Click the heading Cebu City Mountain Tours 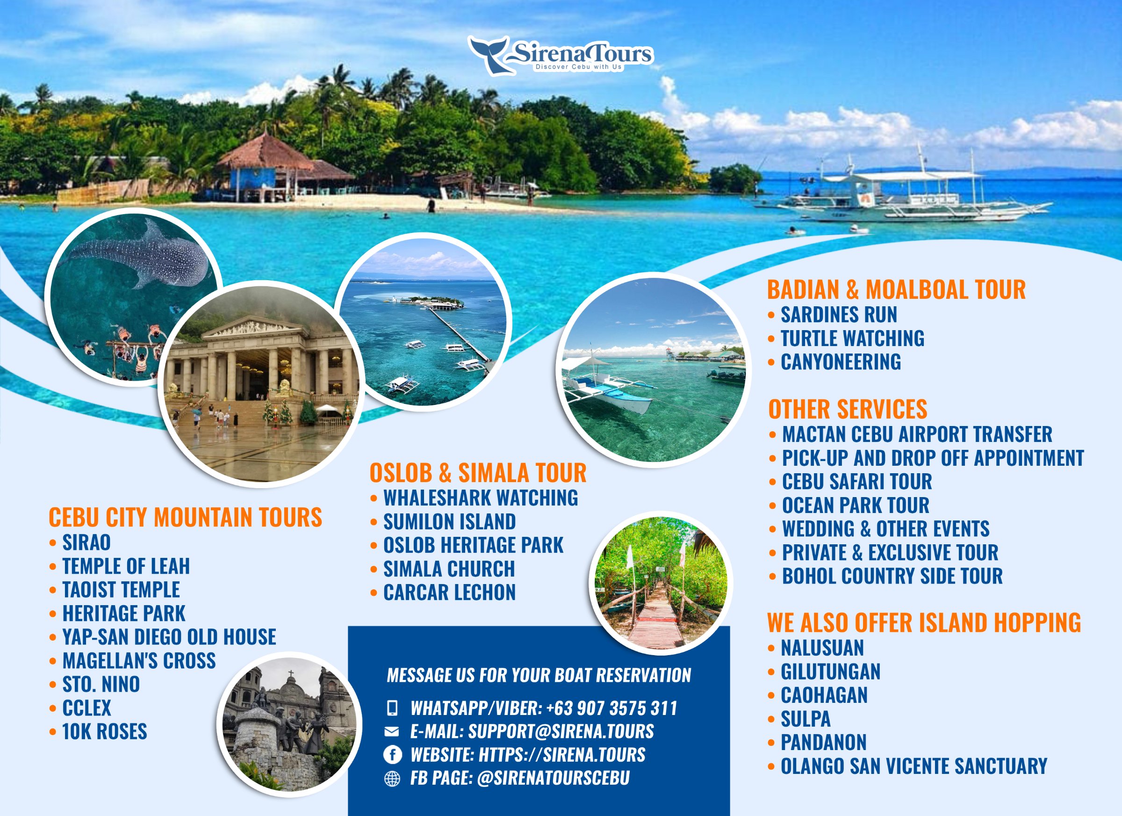click(185, 517)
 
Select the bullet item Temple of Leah click(126, 566)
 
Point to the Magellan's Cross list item click(139, 661)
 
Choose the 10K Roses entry click(104, 731)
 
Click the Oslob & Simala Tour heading click(478, 473)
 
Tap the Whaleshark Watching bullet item click(481, 498)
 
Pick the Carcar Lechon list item click(449, 592)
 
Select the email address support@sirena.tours click(561, 731)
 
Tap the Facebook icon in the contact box click(392, 755)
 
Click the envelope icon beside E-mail click(391, 731)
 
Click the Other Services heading click(848, 409)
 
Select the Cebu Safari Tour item click(857, 482)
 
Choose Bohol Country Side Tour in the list click(892, 576)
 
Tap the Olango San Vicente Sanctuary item click(913, 766)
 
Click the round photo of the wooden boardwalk click(661, 583)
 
